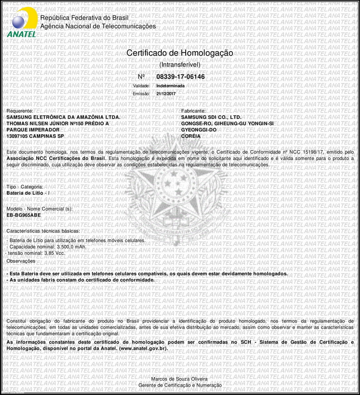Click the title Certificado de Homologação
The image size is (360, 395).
[x=179, y=53]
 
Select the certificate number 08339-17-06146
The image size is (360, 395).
[x=180, y=77]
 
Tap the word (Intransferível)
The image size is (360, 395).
[x=179, y=65]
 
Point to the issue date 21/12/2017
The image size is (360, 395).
[x=166, y=93]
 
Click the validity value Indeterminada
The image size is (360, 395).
[x=170, y=86]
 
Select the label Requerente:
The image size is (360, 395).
[x=19, y=111]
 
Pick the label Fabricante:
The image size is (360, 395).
[x=194, y=111]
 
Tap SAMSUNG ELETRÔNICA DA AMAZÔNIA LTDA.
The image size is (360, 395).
[x=63, y=117]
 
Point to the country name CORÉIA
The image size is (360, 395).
[x=191, y=136]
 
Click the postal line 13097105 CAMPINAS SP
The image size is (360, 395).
[x=35, y=136]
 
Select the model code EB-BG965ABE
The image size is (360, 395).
[x=24, y=216]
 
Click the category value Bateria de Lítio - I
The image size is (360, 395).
[x=28, y=192]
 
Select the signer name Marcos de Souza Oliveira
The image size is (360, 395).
[x=179, y=380]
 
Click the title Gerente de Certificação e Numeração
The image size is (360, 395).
[x=179, y=386]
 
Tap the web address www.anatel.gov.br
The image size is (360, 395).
[x=143, y=348]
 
